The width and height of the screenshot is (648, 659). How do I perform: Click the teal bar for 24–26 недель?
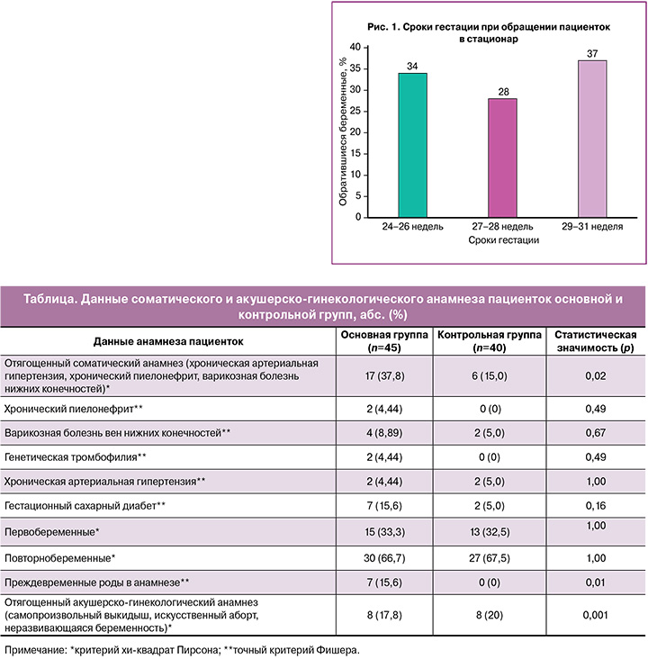click(413, 145)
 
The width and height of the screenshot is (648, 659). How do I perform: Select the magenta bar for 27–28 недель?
click(502, 158)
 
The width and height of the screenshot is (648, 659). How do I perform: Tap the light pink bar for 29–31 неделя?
click(592, 139)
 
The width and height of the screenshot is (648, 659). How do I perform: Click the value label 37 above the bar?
click(592, 54)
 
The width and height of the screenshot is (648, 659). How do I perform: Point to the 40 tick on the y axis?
click(355, 47)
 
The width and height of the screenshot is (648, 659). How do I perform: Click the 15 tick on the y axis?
click(355, 153)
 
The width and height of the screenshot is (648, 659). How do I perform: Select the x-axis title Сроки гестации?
click(503, 240)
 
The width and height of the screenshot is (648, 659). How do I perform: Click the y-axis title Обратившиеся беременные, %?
click(343, 131)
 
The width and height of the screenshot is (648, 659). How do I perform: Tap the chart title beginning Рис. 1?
click(489, 32)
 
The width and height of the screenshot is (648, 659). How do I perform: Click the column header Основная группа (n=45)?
click(384, 341)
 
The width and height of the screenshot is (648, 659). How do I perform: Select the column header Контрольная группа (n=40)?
click(490, 341)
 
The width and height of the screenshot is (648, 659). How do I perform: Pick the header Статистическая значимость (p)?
click(596, 341)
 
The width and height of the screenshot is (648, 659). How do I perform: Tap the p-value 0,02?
click(596, 375)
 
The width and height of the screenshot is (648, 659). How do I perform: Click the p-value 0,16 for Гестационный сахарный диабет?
click(596, 506)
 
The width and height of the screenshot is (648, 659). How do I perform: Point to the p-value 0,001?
click(596, 615)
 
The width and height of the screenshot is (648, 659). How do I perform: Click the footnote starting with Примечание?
click(182, 650)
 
